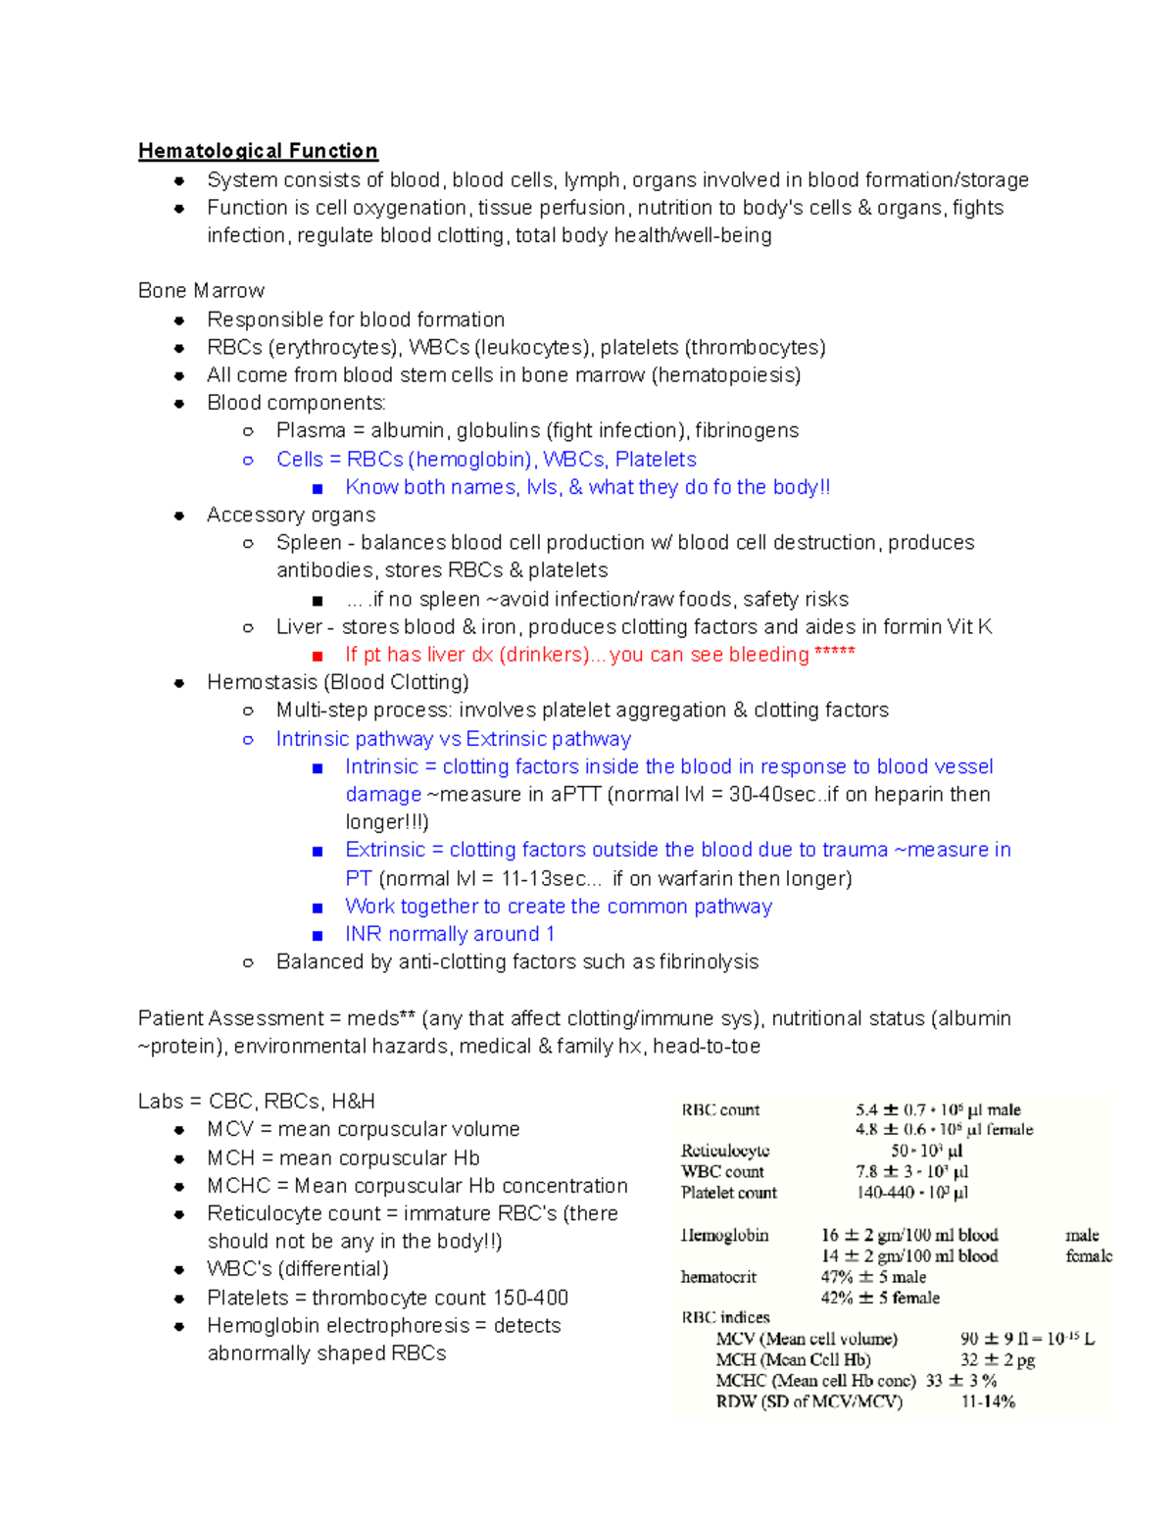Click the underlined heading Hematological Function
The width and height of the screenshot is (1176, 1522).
[x=258, y=151]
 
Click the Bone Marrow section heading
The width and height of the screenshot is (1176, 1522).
[x=201, y=291]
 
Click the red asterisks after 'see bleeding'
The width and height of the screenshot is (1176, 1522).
[x=835, y=654]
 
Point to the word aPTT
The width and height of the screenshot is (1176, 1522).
[x=574, y=795]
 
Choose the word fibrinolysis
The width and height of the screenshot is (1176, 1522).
[x=709, y=962]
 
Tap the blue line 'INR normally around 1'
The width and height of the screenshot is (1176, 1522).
[x=450, y=935]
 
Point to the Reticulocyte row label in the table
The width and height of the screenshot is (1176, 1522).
[x=725, y=1151]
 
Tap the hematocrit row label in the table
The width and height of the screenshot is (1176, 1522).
[x=718, y=1277]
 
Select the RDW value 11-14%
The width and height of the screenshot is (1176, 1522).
[x=988, y=1401]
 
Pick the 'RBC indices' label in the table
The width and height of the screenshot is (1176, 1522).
[x=725, y=1317]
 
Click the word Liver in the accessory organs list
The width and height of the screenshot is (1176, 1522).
[x=299, y=627]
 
